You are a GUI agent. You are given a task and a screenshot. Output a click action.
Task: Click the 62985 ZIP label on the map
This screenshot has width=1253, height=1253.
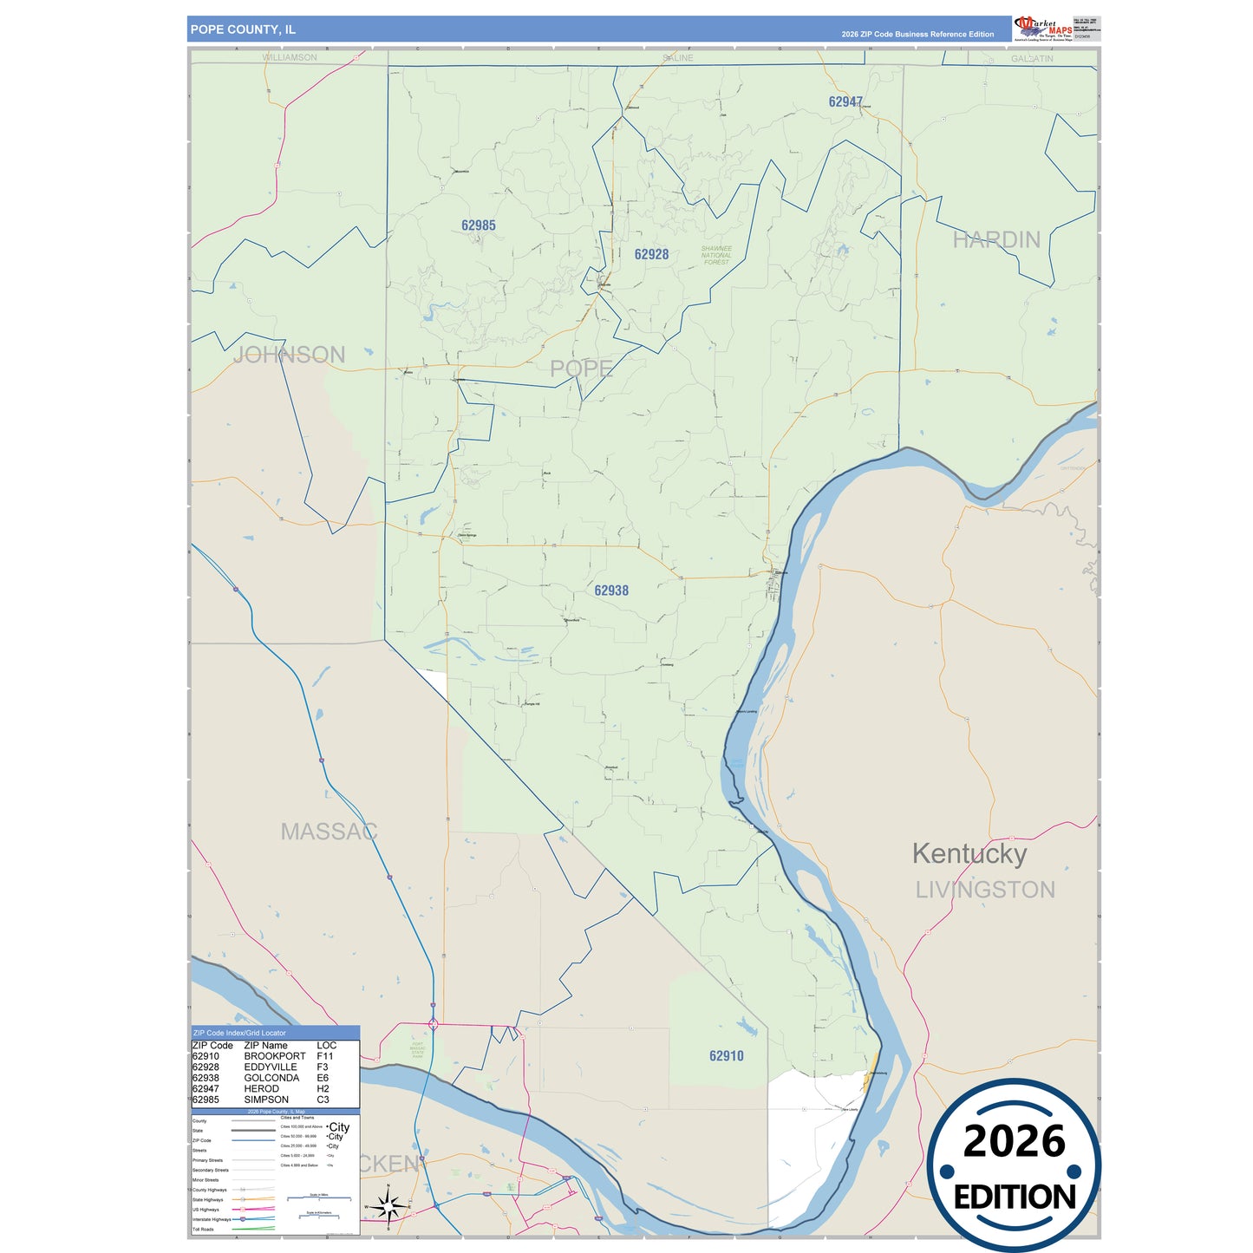tap(478, 225)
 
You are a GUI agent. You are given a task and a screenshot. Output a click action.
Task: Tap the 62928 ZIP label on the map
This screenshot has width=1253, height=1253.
tap(651, 254)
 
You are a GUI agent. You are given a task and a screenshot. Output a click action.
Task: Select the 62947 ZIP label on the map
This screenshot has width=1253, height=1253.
tap(845, 101)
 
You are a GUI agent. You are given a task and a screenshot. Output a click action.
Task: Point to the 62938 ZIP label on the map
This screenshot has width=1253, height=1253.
tap(611, 591)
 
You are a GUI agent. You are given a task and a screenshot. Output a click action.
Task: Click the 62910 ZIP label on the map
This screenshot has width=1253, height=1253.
tap(726, 1055)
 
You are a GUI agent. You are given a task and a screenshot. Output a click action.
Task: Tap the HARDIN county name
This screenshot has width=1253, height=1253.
tap(996, 239)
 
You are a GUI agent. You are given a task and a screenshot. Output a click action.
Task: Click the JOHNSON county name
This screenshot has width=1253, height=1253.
tap(289, 355)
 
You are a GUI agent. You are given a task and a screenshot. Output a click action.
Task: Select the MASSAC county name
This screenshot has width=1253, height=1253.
tap(329, 832)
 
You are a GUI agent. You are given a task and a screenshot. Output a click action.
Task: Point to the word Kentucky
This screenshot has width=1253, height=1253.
tap(969, 853)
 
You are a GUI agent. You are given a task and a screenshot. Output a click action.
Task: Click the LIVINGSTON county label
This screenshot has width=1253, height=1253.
tap(985, 890)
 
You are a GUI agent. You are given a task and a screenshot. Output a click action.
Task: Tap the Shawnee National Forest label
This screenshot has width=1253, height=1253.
tap(716, 255)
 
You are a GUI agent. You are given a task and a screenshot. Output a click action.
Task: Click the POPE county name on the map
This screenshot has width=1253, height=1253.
tap(581, 369)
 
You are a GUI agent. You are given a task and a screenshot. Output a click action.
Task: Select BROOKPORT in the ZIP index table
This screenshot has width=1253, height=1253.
tap(274, 1056)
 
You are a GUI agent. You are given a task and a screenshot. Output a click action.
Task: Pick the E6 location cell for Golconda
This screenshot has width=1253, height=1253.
tap(323, 1078)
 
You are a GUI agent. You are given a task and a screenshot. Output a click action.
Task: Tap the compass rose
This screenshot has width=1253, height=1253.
tap(388, 1205)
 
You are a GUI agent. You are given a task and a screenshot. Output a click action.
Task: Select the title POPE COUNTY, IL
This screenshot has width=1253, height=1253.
tap(243, 29)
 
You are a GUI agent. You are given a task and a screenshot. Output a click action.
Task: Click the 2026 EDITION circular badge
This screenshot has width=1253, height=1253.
tap(1014, 1165)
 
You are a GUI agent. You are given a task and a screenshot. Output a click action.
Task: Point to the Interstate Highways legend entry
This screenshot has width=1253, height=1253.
tap(212, 1219)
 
